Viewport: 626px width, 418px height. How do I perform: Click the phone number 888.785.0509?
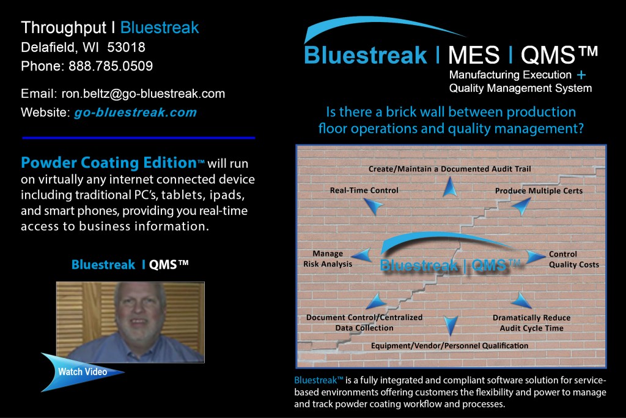(x=111, y=66)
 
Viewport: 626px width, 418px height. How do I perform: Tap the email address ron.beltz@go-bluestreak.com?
(x=143, y=94)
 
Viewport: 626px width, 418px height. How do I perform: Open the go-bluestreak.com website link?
(x=135, y=113)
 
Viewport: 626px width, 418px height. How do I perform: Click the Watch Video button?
(x=83, y=372)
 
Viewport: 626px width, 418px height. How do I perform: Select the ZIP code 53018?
(x=126, y=47)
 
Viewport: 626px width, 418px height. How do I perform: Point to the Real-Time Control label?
(x=364, y=190)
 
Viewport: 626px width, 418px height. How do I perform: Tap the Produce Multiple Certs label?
(x=539, y=191)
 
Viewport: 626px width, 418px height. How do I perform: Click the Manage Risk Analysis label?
(x=328, y=258)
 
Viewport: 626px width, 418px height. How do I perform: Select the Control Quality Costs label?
(x=573, y=259)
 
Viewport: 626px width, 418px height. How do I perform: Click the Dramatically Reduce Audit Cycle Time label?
(x=531, y=323)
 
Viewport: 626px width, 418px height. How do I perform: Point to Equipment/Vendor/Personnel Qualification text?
(x=449, y=346)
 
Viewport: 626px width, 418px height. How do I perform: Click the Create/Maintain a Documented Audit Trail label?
(x=449, y=169)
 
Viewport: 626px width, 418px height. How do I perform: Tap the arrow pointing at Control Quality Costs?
(x=535, y=256)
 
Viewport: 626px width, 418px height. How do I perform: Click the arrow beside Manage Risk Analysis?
(x=363, y=255)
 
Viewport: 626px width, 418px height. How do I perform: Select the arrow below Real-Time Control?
(x=374, y=206)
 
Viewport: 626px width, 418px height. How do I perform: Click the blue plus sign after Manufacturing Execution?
(x=581, y=75)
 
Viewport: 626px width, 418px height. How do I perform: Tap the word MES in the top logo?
(x=474, y=54)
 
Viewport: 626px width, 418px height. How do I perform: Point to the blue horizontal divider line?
(x=139, y=138)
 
